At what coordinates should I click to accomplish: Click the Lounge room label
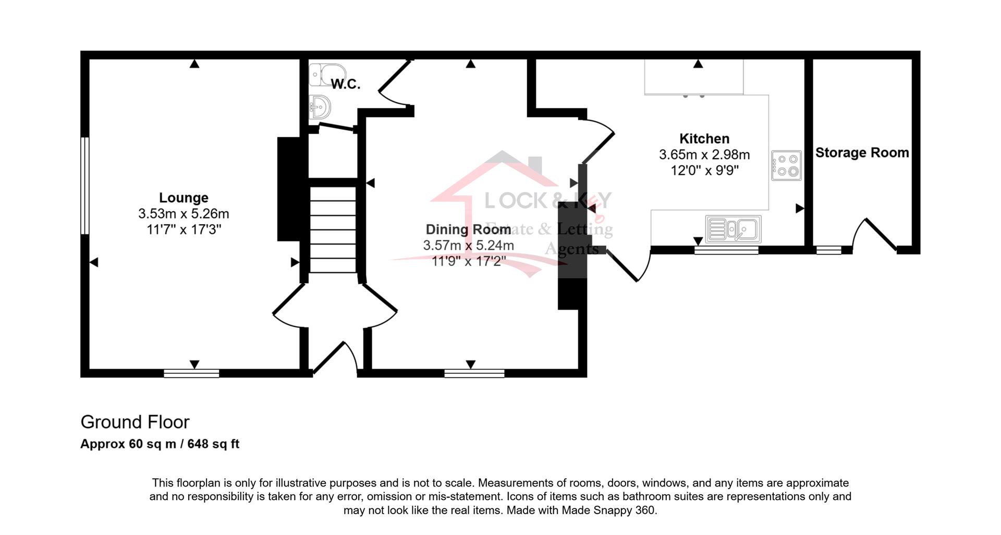click(x=184, y=198)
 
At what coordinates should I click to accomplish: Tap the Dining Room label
click(x=468, y=229)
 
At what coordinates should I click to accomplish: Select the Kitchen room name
click(x=704, y=139)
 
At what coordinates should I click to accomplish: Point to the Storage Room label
click(x=862, y=153)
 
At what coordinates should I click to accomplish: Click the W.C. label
click(x=346, y=84)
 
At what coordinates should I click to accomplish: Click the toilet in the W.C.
click(x=327, y=75)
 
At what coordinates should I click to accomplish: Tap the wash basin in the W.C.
click(x=320, y=107)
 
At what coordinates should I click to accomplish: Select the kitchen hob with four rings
click(x=786, y=166)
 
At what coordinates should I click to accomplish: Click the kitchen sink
click(x=733, y=229)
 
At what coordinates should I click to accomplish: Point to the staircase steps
click(x=333, y=229)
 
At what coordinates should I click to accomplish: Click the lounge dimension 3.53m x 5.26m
click(x=184, y=214)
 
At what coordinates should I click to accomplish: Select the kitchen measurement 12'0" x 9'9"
click(x=704, y=171)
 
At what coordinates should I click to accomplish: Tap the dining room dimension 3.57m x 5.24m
click(x=468, y=245)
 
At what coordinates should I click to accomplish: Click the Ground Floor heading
click(x=135, y=422)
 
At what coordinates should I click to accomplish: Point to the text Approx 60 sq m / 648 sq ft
click(x=160, y=444)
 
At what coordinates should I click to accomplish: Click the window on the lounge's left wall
click(x=85, y=186)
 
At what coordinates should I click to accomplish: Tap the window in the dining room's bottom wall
click(x=474, y=373)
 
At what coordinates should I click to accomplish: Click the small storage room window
click(x=828, y=250)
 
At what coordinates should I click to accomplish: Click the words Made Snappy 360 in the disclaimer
click(x=608, y=510)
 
